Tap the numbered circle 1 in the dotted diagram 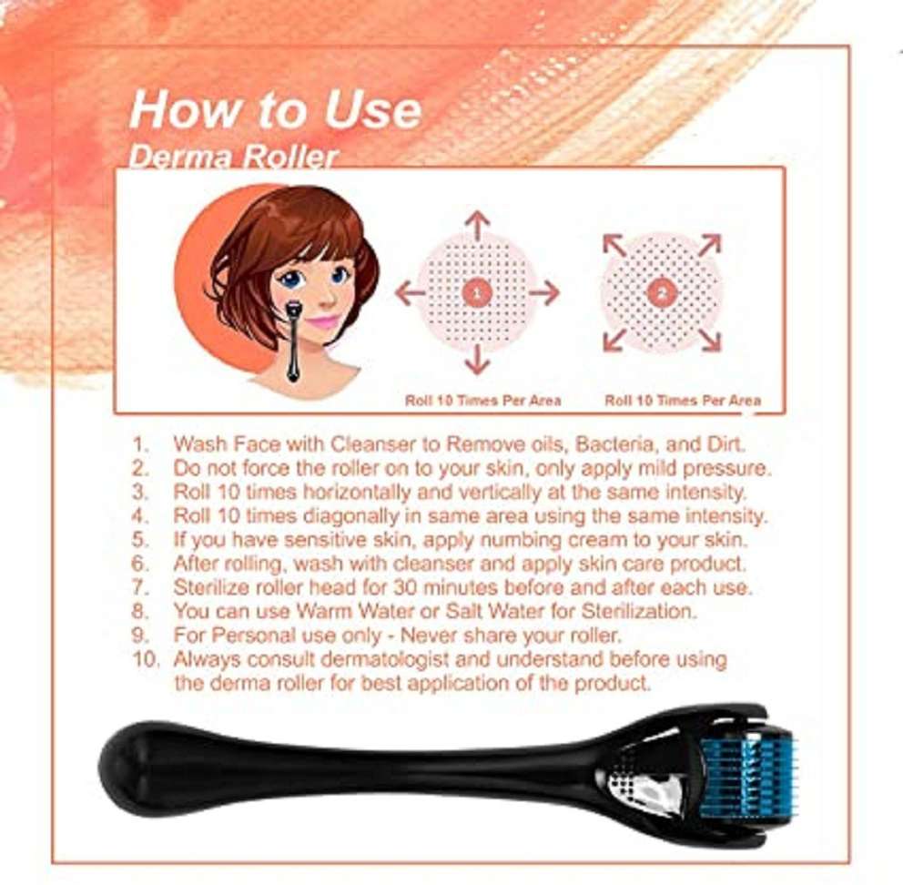477,292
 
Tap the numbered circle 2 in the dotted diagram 662,292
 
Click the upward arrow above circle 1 477,225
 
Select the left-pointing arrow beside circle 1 410,293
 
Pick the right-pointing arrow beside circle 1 544,293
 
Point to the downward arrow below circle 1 477,361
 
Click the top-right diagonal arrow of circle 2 710,245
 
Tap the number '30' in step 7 405,587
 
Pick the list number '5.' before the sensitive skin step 141,540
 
